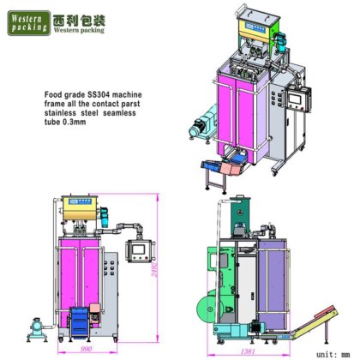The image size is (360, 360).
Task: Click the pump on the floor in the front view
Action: click(39, 327)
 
